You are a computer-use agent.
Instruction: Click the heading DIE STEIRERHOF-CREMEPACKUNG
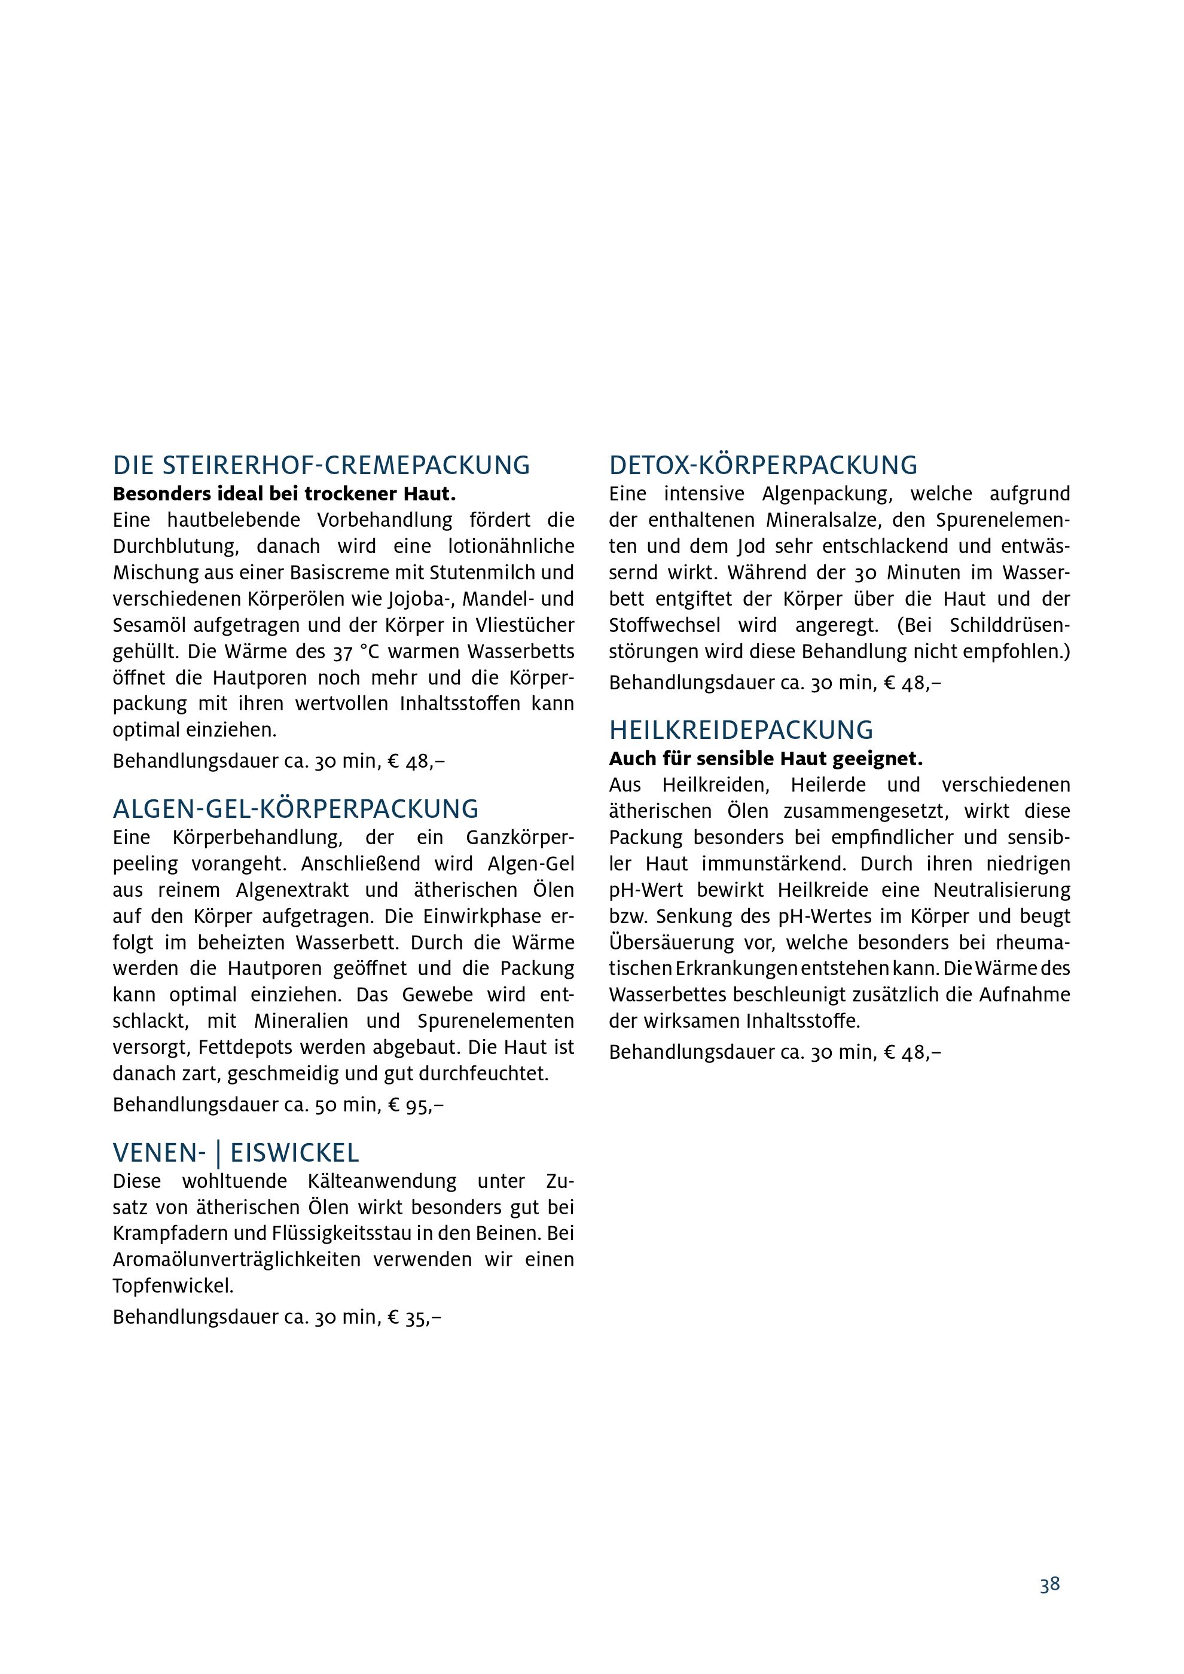[322, 465]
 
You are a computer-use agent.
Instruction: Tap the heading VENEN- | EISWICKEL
[236, 1153]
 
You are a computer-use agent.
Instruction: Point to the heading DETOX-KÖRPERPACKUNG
[764, 465]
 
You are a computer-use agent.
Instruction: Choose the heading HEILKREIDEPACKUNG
[741, 731]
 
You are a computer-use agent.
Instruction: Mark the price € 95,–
[416, 1105]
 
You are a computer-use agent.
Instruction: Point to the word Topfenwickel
[173, 1286]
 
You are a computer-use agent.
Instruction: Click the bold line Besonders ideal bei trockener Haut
[283, 494]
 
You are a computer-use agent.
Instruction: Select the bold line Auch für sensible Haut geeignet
[765, 760]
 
